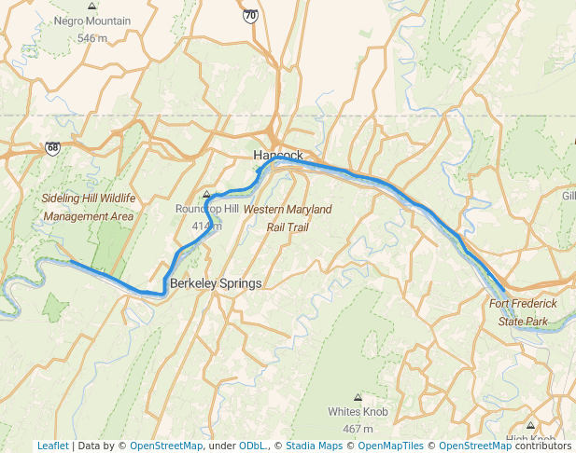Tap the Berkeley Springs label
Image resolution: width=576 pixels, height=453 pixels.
click(216, 282)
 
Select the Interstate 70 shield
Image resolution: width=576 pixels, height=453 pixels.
click(249, 16)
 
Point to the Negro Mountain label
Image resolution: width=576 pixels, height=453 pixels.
click(91, 21)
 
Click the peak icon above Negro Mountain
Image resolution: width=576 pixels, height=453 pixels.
click(91, 6)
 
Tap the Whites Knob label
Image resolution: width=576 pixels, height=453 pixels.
click(358, 411)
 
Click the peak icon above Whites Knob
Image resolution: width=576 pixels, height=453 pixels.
click(358, 397)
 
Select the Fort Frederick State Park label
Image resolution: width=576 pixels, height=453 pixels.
click(523, 312)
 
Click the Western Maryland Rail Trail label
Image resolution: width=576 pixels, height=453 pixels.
click(287, 218)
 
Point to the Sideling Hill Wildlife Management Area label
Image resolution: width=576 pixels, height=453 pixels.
click(89, 207)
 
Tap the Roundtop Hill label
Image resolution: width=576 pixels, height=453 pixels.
click(206, 209)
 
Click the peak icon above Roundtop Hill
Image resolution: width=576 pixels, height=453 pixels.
click(206, 194)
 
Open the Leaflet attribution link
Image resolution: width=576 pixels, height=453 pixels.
click(52, 446)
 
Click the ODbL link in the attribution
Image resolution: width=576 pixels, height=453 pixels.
click(252, 446)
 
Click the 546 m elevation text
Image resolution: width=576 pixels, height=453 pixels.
click(91, 38)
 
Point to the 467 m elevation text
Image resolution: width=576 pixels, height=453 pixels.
click(358, 429)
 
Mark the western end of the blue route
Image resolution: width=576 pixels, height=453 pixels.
click(70, 262)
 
